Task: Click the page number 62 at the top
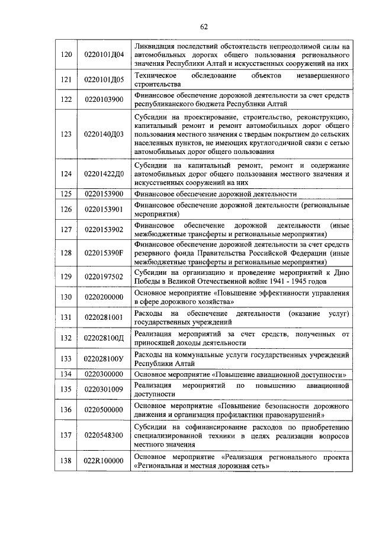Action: (x=204, y=27)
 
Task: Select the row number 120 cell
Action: (x=66, y=54)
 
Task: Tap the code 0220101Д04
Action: (x=104, y=54)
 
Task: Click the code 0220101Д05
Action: (x=104, y=80)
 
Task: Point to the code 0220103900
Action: (x=104, y=99)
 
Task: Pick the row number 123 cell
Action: (x=66, y=134)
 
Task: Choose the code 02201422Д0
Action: (x=104, y=174)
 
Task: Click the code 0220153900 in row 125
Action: (x=104, y=194)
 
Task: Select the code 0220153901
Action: (x=104, y=209)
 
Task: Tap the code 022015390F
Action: (x=104, y=253)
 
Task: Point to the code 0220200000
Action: (x=104, y=297)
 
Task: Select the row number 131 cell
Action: (x=66, y=317)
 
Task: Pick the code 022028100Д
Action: (x=104, y=338)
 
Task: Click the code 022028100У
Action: (x=104, y=359)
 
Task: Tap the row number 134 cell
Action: (x=66, y=374)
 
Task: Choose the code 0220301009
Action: (x=104, y=389)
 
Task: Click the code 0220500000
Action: (x=104, y=410)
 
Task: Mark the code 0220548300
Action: (x=104, y=435)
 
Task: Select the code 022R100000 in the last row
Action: (x=104, y=461)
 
